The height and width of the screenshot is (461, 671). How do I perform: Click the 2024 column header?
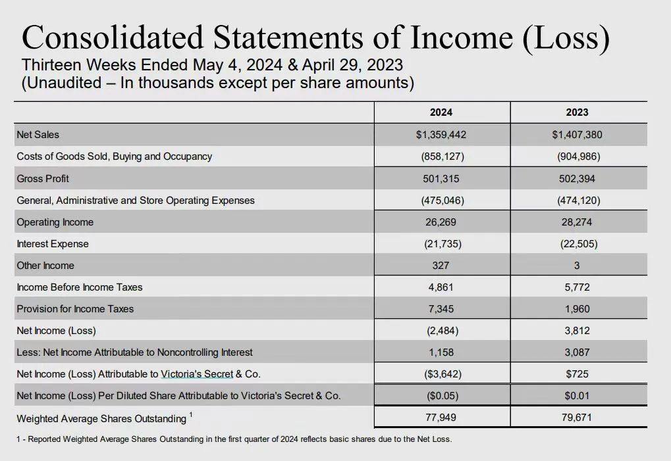point(441,112)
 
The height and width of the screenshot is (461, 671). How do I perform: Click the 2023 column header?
point(577,112)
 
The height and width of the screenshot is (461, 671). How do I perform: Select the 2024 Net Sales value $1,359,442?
point(441,135)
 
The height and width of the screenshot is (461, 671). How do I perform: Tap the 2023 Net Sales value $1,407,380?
point(577,135)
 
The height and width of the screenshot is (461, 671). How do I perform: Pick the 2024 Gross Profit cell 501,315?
point(441,178)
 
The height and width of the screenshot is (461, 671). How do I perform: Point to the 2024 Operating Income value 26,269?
point(441,222)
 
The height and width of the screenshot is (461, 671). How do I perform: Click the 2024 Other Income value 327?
point(441,266)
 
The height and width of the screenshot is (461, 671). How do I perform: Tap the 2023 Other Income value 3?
point(577,266)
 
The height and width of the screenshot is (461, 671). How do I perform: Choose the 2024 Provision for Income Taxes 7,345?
point(441,309)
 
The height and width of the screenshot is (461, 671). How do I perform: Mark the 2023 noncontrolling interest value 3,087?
point(577,352)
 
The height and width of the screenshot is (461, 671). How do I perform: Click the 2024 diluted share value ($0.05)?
point(441,396)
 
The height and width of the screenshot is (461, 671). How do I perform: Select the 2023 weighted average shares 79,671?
point(577,418)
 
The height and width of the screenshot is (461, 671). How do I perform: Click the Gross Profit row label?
point(43,179)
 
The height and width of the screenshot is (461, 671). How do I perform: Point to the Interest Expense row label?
point(53,244)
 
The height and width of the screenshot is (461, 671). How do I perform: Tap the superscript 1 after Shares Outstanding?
point(191,415)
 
